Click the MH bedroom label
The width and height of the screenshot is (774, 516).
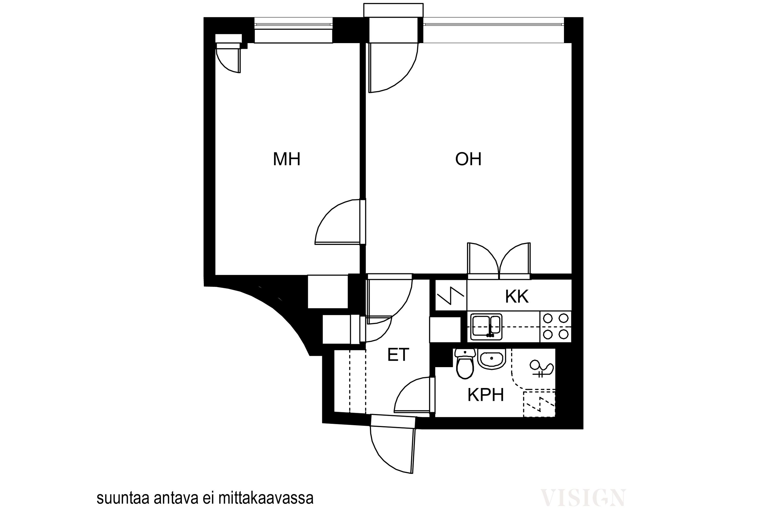287,159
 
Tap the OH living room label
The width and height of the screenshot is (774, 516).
468,159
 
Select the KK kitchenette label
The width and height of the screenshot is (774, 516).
517,296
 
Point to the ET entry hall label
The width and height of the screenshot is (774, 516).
398,355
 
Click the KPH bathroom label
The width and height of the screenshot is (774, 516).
486,395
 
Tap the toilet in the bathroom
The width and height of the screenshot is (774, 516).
465,364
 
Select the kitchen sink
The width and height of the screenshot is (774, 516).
486,327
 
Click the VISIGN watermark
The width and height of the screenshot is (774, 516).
583,498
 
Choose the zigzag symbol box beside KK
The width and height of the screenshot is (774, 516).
451,295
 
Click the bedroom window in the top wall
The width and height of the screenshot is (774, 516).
293,30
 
